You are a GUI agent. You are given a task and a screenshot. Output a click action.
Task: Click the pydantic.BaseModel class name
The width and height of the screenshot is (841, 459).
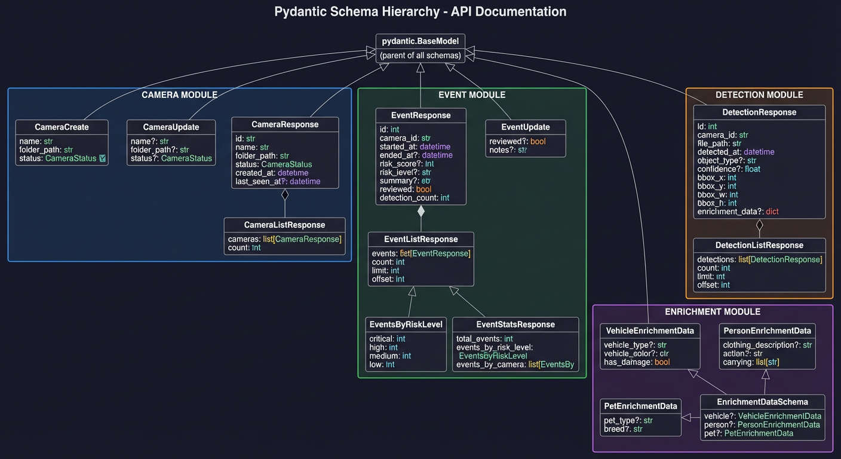[420, 41]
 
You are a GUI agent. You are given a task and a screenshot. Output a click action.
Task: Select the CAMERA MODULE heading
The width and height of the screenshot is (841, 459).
[179, 95]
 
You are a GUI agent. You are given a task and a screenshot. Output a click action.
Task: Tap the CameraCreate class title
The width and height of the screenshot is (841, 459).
[62, 127]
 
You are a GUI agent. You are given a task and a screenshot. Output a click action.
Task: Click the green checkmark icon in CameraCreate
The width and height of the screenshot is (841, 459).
[102, 158]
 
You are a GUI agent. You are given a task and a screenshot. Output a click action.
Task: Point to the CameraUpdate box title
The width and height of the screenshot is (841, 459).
[171, 127]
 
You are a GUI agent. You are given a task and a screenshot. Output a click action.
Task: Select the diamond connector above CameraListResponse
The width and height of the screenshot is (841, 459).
[285, 194]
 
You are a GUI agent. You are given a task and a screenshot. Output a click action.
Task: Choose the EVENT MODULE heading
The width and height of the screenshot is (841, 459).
[471, 95]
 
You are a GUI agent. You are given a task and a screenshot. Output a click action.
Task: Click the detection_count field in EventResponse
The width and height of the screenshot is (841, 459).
[414, 197]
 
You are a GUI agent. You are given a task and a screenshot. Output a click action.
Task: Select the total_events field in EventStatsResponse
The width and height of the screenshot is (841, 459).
[484, 339]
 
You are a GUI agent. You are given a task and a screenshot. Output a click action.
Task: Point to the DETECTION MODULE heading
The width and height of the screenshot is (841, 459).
[759, 95]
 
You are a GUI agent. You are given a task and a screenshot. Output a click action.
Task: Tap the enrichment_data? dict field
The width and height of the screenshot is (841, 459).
[738, 212]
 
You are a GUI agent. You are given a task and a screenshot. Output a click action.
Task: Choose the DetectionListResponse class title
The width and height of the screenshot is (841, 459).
[759, 245]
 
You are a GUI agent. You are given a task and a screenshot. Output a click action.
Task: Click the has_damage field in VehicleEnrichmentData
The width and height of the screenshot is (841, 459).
[637, 362]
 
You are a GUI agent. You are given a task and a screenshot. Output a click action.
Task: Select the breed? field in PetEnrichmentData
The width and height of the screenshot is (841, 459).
[623, 429]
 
